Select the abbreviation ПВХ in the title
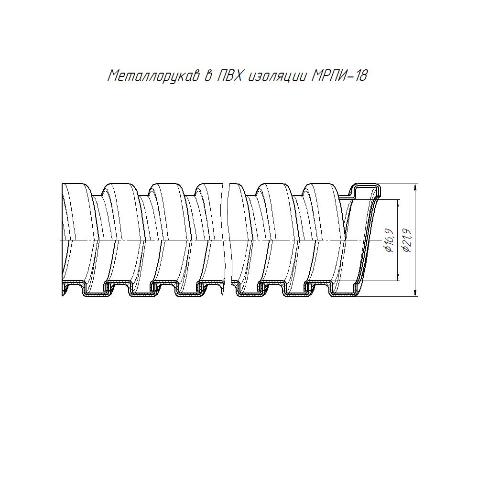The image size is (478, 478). point(230,76)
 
